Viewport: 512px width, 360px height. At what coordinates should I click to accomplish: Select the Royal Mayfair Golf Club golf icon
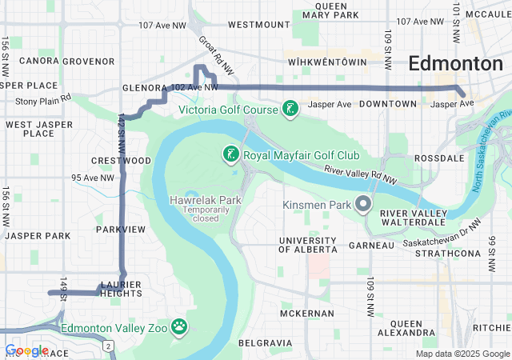(x=230, y=154)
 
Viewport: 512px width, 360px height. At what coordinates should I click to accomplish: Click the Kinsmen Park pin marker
(x=364, y=205)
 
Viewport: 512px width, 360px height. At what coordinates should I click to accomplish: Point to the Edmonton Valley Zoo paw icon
(x=180, y=326)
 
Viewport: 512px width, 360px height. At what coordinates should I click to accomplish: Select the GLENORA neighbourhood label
(x=143, y=88)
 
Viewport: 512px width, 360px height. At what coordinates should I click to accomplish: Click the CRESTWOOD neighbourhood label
(x=122, y=161)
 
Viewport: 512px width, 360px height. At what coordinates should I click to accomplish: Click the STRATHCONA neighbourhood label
(x=448, y=254)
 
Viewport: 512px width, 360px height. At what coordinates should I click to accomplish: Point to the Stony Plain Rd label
(x=43, y=101)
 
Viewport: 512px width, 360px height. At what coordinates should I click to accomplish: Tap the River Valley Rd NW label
(x=361, y=174)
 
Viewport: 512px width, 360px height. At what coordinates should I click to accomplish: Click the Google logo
(x=26, y=350)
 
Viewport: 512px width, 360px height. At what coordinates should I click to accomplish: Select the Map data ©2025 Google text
(x=462, y=354)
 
